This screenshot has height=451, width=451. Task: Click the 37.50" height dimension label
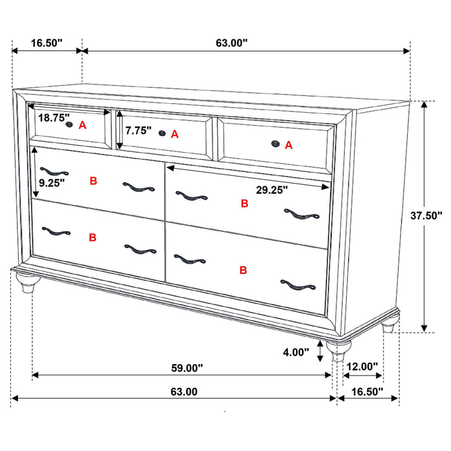[426, 216]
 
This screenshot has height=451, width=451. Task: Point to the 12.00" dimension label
[361, 367]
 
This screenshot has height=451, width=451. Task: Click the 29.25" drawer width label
[271, 190]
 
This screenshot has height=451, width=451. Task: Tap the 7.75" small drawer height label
[139, 130]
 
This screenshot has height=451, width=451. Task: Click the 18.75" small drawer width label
[53, 118]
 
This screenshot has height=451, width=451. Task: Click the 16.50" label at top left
[46, 43]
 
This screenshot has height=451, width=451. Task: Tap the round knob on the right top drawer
[275, 144]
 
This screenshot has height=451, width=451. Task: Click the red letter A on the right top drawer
[289, 145]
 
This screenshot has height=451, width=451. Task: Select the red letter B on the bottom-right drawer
[243, 270]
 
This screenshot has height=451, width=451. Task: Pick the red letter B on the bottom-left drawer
[92, 237]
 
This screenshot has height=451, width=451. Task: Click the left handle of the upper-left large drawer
[53, 171]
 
